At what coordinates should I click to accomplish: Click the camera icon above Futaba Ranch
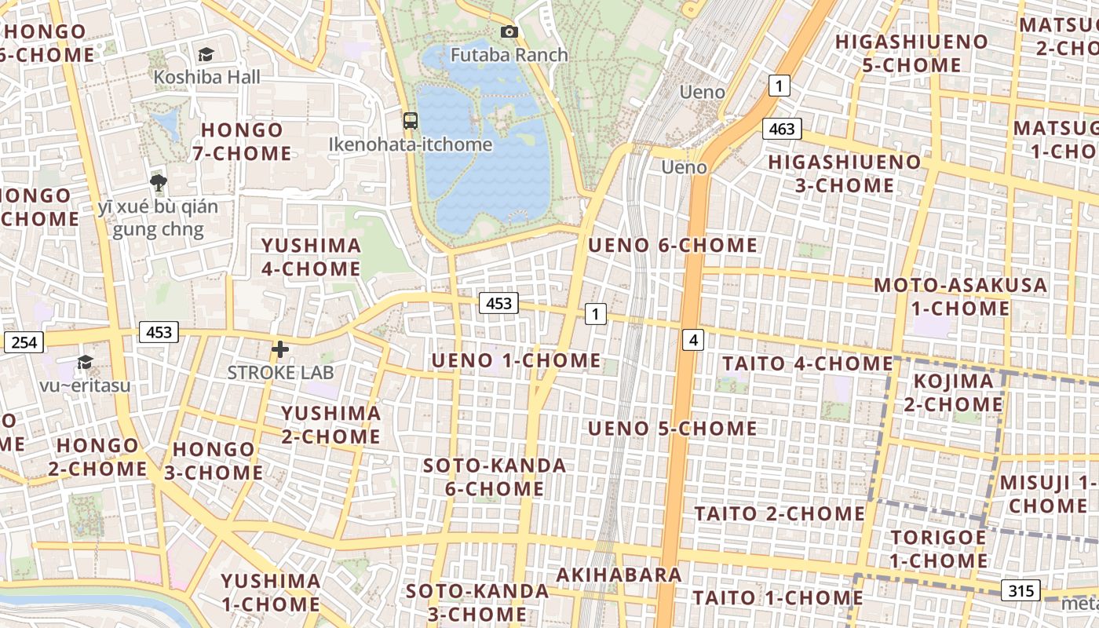509,32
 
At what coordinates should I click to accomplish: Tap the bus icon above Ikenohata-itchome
411,121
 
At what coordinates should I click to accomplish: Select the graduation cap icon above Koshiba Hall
206,54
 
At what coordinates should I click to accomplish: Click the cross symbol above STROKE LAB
280,349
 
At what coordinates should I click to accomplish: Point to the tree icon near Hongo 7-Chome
159,184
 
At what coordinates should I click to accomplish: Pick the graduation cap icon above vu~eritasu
85,362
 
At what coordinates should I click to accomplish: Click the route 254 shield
24,342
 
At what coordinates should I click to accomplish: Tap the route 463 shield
782,129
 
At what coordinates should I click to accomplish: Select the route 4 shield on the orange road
692,340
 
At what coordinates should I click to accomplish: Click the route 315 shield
1020,590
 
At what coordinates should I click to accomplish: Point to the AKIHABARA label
619,575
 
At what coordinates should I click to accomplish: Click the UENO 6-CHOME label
673,245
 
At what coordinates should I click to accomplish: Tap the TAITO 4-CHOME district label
807,363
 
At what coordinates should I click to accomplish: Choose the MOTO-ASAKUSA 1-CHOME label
961,296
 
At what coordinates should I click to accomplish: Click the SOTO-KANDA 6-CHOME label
495,476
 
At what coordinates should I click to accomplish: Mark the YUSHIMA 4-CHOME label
311,257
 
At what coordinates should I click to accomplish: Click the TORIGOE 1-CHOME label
938,549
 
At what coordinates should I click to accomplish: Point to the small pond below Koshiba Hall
167,124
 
